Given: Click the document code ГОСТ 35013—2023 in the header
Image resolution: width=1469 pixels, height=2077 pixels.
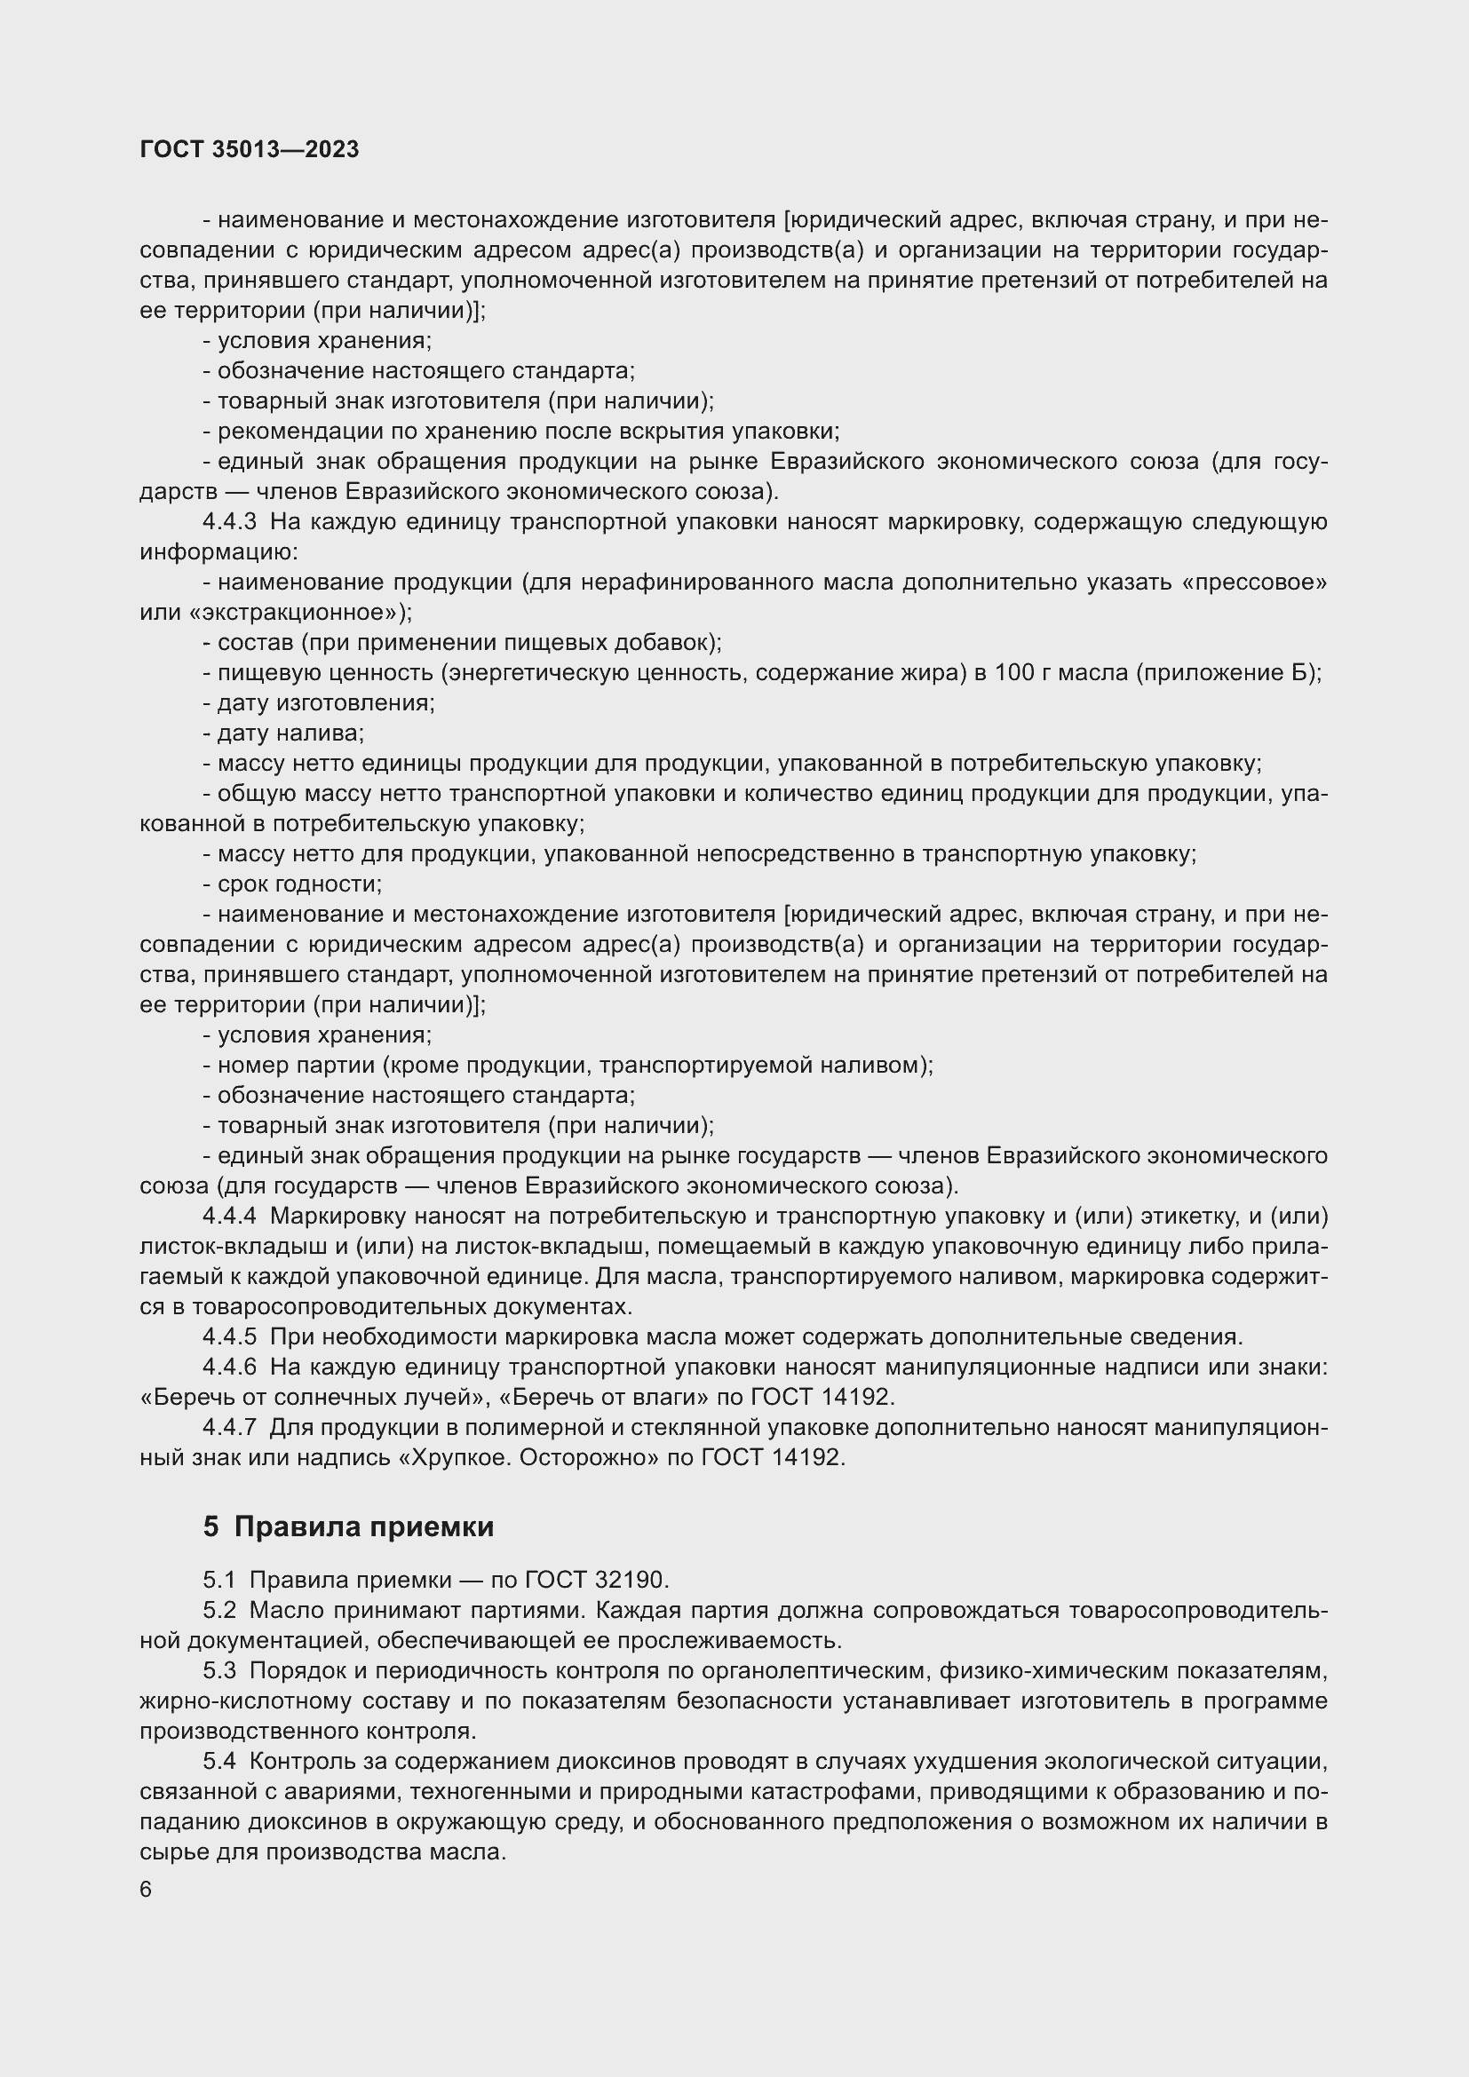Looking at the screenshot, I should pos(250,150).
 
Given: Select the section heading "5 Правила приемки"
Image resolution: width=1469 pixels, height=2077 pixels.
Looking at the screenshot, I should pos(348,1527).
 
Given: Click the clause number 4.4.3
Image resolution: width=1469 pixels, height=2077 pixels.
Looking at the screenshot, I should pos(230,522).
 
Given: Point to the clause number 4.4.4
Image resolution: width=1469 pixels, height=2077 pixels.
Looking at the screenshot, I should pos(230,1217).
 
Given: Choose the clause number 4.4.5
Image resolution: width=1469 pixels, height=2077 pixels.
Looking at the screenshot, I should pos(230,1337).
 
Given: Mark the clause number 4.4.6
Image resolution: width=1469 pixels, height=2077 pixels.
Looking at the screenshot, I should pos(230,1367).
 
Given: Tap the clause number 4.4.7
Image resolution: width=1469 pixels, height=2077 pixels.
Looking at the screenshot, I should pos(230,1428).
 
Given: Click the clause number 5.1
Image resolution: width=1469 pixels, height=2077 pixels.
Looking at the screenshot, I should pos(218,1581).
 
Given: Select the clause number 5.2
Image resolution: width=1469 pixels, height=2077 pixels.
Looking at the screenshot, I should pos(218,1611).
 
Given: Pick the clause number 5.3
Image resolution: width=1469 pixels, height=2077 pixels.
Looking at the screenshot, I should pos(218,1671).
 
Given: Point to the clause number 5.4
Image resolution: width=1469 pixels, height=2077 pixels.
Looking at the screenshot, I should pos(218,1761).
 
